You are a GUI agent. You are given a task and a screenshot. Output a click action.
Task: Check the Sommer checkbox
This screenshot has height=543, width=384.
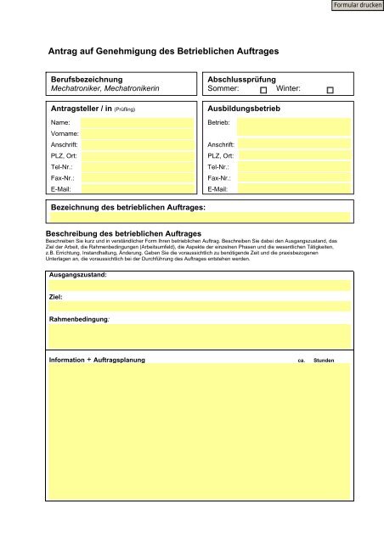pyautogui.click(x=263, y=89)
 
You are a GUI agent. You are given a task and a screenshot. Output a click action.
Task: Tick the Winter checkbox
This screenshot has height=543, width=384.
pyautogui.click(x=330, y=89)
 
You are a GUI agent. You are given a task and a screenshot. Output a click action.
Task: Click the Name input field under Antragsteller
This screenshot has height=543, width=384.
pyautogui.click(x=136, y=123)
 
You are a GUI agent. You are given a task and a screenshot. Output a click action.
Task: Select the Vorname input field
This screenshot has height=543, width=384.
pyautogui.click(x=136, y=134)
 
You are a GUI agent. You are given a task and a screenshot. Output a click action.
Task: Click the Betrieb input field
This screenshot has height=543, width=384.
pyautogui.click(x=293, y=126)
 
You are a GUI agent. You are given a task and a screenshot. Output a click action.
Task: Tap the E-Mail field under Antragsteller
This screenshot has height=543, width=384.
pyautogui.click(x=136, y=189)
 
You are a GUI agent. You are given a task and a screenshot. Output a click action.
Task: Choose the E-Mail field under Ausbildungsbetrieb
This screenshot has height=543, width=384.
pyautogui.click(x=293, y=189)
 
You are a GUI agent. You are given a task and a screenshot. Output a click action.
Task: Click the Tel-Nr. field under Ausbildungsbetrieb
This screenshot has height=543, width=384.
pyautogui.click(x=293, y=167)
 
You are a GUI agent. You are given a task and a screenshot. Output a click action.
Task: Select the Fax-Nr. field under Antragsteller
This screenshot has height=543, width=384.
pyautogui.click(x=136, y=178)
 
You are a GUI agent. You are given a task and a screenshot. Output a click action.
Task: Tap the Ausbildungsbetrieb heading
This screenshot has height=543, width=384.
pyautogui.click(x=244, y=109)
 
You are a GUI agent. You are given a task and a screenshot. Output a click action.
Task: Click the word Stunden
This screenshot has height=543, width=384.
pyautogui.click(x=324, y=361)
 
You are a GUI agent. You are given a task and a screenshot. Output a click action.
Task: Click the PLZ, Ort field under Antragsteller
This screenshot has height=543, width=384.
pyautogui.click(x=136, y=156)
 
